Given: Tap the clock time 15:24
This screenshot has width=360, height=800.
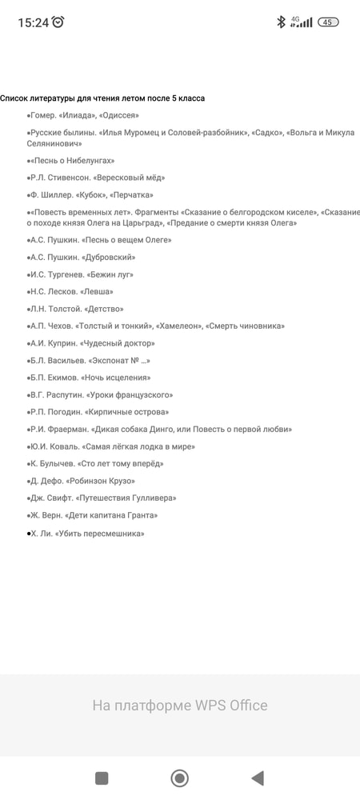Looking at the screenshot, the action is click(x=33, y=22).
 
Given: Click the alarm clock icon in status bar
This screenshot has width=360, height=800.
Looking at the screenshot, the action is click(x=58, y=22).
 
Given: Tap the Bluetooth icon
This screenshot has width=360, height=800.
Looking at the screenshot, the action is click(x=281, y=22).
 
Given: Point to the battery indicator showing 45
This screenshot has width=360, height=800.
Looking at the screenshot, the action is click(x=328, y=22).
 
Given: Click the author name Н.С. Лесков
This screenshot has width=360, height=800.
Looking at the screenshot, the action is click(x=50, y=292).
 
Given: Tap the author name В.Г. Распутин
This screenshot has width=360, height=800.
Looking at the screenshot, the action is click(x=54, y=395).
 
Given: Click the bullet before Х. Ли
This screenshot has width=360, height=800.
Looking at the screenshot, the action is click(x=29, y=534).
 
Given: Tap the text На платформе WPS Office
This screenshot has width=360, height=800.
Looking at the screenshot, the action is click(x=180, y=705).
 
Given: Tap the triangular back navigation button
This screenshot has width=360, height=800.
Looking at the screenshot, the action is click(x=257, y=778).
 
